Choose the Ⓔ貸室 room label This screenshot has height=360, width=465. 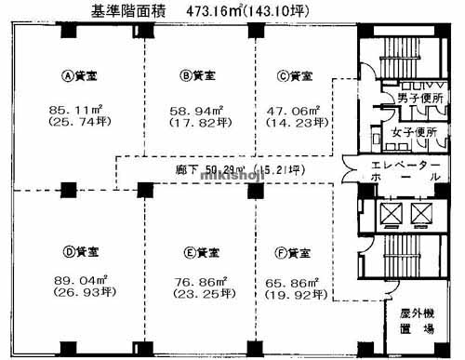pos(197,252)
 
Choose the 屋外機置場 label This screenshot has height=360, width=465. pos(418,322)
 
